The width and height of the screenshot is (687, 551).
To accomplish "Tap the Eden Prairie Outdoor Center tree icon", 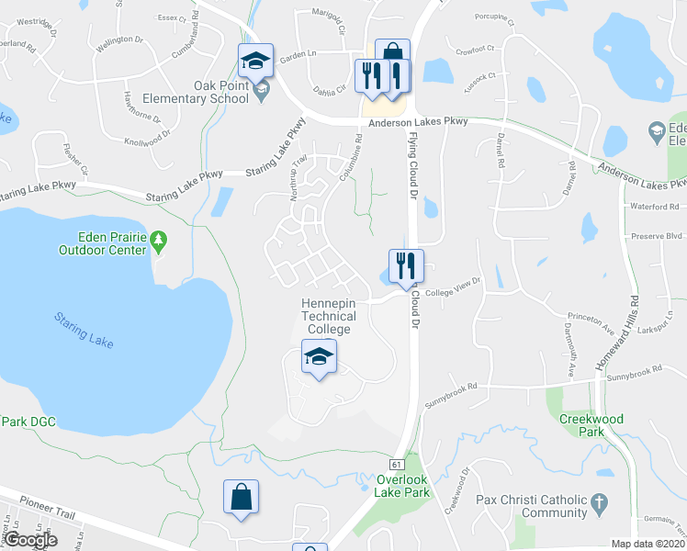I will pyautogui.click(x=159, y=241).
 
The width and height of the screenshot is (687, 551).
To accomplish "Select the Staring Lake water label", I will pyautogui.click(x=84, y=329).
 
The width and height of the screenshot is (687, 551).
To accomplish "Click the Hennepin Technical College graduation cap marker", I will pyautogui.click(x=319, y=356).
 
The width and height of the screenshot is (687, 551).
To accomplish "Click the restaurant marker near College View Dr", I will pyautogui.click(x=405, y=265).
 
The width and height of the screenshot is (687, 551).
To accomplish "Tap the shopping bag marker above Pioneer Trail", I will pyautogui.click(x=241, y=497).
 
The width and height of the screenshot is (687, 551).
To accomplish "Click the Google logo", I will pyautogui.click(x=30, y=540).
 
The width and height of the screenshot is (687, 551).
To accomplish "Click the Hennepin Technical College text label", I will pyautogui.click(x=329, y=316).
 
